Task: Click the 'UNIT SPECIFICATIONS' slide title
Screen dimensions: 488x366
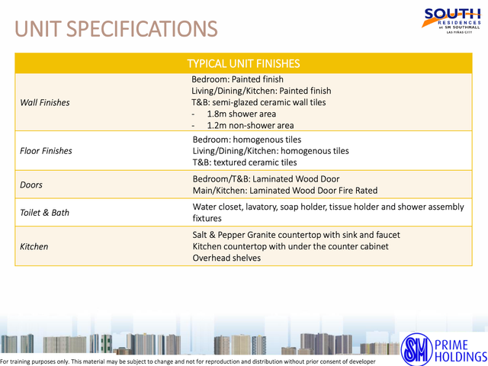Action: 116,29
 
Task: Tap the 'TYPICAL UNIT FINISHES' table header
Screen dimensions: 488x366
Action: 243,63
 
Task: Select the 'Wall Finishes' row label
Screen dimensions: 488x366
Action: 45,102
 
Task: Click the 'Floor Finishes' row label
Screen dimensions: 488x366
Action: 46,151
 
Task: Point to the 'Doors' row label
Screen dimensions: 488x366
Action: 31,185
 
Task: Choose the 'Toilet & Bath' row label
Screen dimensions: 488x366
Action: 44,213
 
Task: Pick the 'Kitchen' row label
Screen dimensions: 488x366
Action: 34,246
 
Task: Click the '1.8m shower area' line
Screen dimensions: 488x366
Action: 242,114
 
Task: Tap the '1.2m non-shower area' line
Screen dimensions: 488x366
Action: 251,125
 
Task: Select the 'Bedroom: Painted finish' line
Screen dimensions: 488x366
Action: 237,79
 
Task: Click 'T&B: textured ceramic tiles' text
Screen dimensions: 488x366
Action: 245,162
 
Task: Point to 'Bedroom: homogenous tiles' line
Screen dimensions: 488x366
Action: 247,140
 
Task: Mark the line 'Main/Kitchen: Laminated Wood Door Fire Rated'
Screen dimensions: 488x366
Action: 285,191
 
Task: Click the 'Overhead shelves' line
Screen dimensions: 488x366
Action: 226,258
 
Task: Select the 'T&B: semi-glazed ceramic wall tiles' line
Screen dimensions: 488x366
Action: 258,102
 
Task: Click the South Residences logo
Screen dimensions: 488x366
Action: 452,21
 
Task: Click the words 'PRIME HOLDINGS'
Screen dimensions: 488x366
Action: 461,351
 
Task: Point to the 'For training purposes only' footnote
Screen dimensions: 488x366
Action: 188,361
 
